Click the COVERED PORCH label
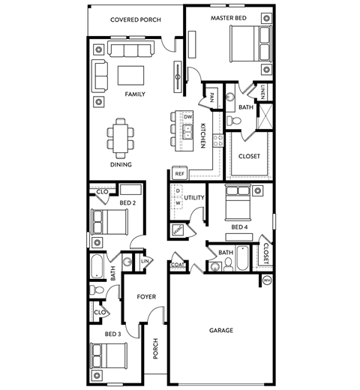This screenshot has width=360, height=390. (x=135, y=19)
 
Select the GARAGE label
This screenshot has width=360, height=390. (x=221, y=330)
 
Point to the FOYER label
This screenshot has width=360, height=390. (x=146, y=297)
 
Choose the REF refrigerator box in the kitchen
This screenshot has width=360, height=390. (x=179, y=173)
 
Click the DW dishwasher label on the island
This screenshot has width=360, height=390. (x=188, y=118)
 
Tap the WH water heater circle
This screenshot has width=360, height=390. (x=266, y=280)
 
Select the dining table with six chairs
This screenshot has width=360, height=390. (x=121, y=135)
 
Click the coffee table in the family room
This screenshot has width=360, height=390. (x=130, y=76)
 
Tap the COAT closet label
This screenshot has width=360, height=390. (x=178, y=264)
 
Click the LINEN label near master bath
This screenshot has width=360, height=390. (x=263, y=91)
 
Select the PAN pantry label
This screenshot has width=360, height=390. (x=212, y=97)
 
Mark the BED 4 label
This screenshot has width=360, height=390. (x=239, y=227)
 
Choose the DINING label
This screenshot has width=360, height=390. (x=121, y=164)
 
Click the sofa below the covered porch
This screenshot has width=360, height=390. (x=132, y=49)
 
